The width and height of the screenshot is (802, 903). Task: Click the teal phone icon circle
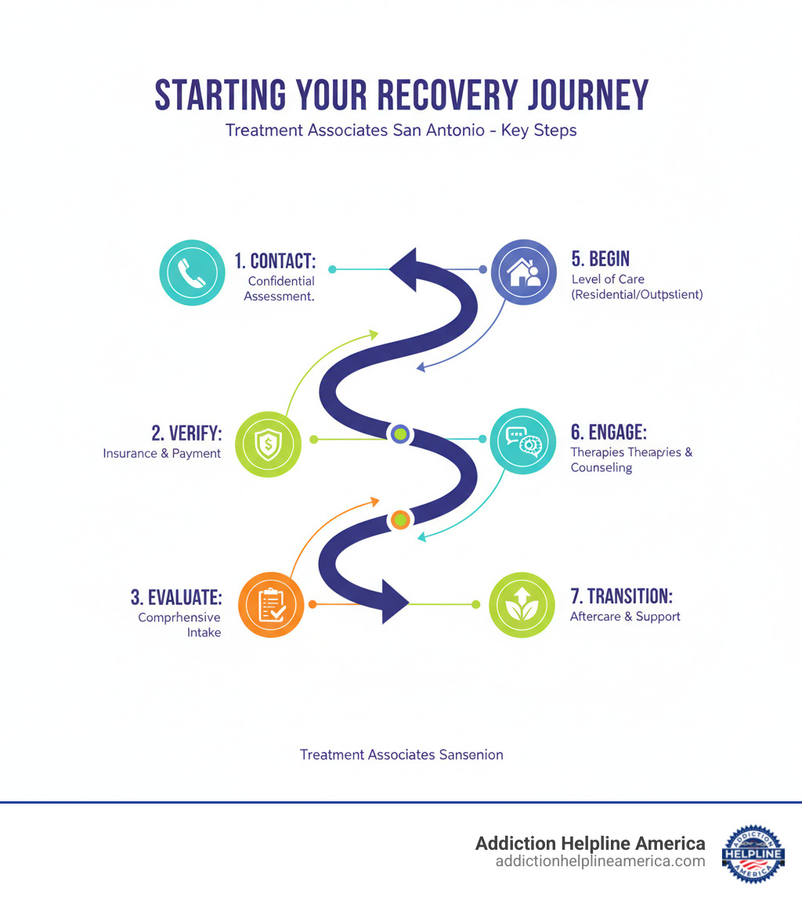191,272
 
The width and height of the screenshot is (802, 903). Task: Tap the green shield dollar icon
268,444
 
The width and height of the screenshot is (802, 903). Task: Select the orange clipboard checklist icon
270,604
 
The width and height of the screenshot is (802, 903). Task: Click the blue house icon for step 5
523,272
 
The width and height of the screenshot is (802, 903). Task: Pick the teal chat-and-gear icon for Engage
523,441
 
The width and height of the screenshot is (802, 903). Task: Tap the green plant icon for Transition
521,604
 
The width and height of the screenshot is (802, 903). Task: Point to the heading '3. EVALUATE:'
176,597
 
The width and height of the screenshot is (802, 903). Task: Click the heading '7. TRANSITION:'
621,595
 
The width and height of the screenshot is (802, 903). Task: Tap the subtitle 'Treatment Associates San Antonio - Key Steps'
401,130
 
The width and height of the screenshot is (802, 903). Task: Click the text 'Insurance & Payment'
161,453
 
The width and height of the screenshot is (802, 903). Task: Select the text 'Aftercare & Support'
625,617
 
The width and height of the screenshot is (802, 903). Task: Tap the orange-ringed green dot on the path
400,519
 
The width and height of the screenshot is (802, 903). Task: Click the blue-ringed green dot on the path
400,434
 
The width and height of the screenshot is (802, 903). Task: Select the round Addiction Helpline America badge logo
753,853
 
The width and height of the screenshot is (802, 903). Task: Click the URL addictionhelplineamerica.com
600,862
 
